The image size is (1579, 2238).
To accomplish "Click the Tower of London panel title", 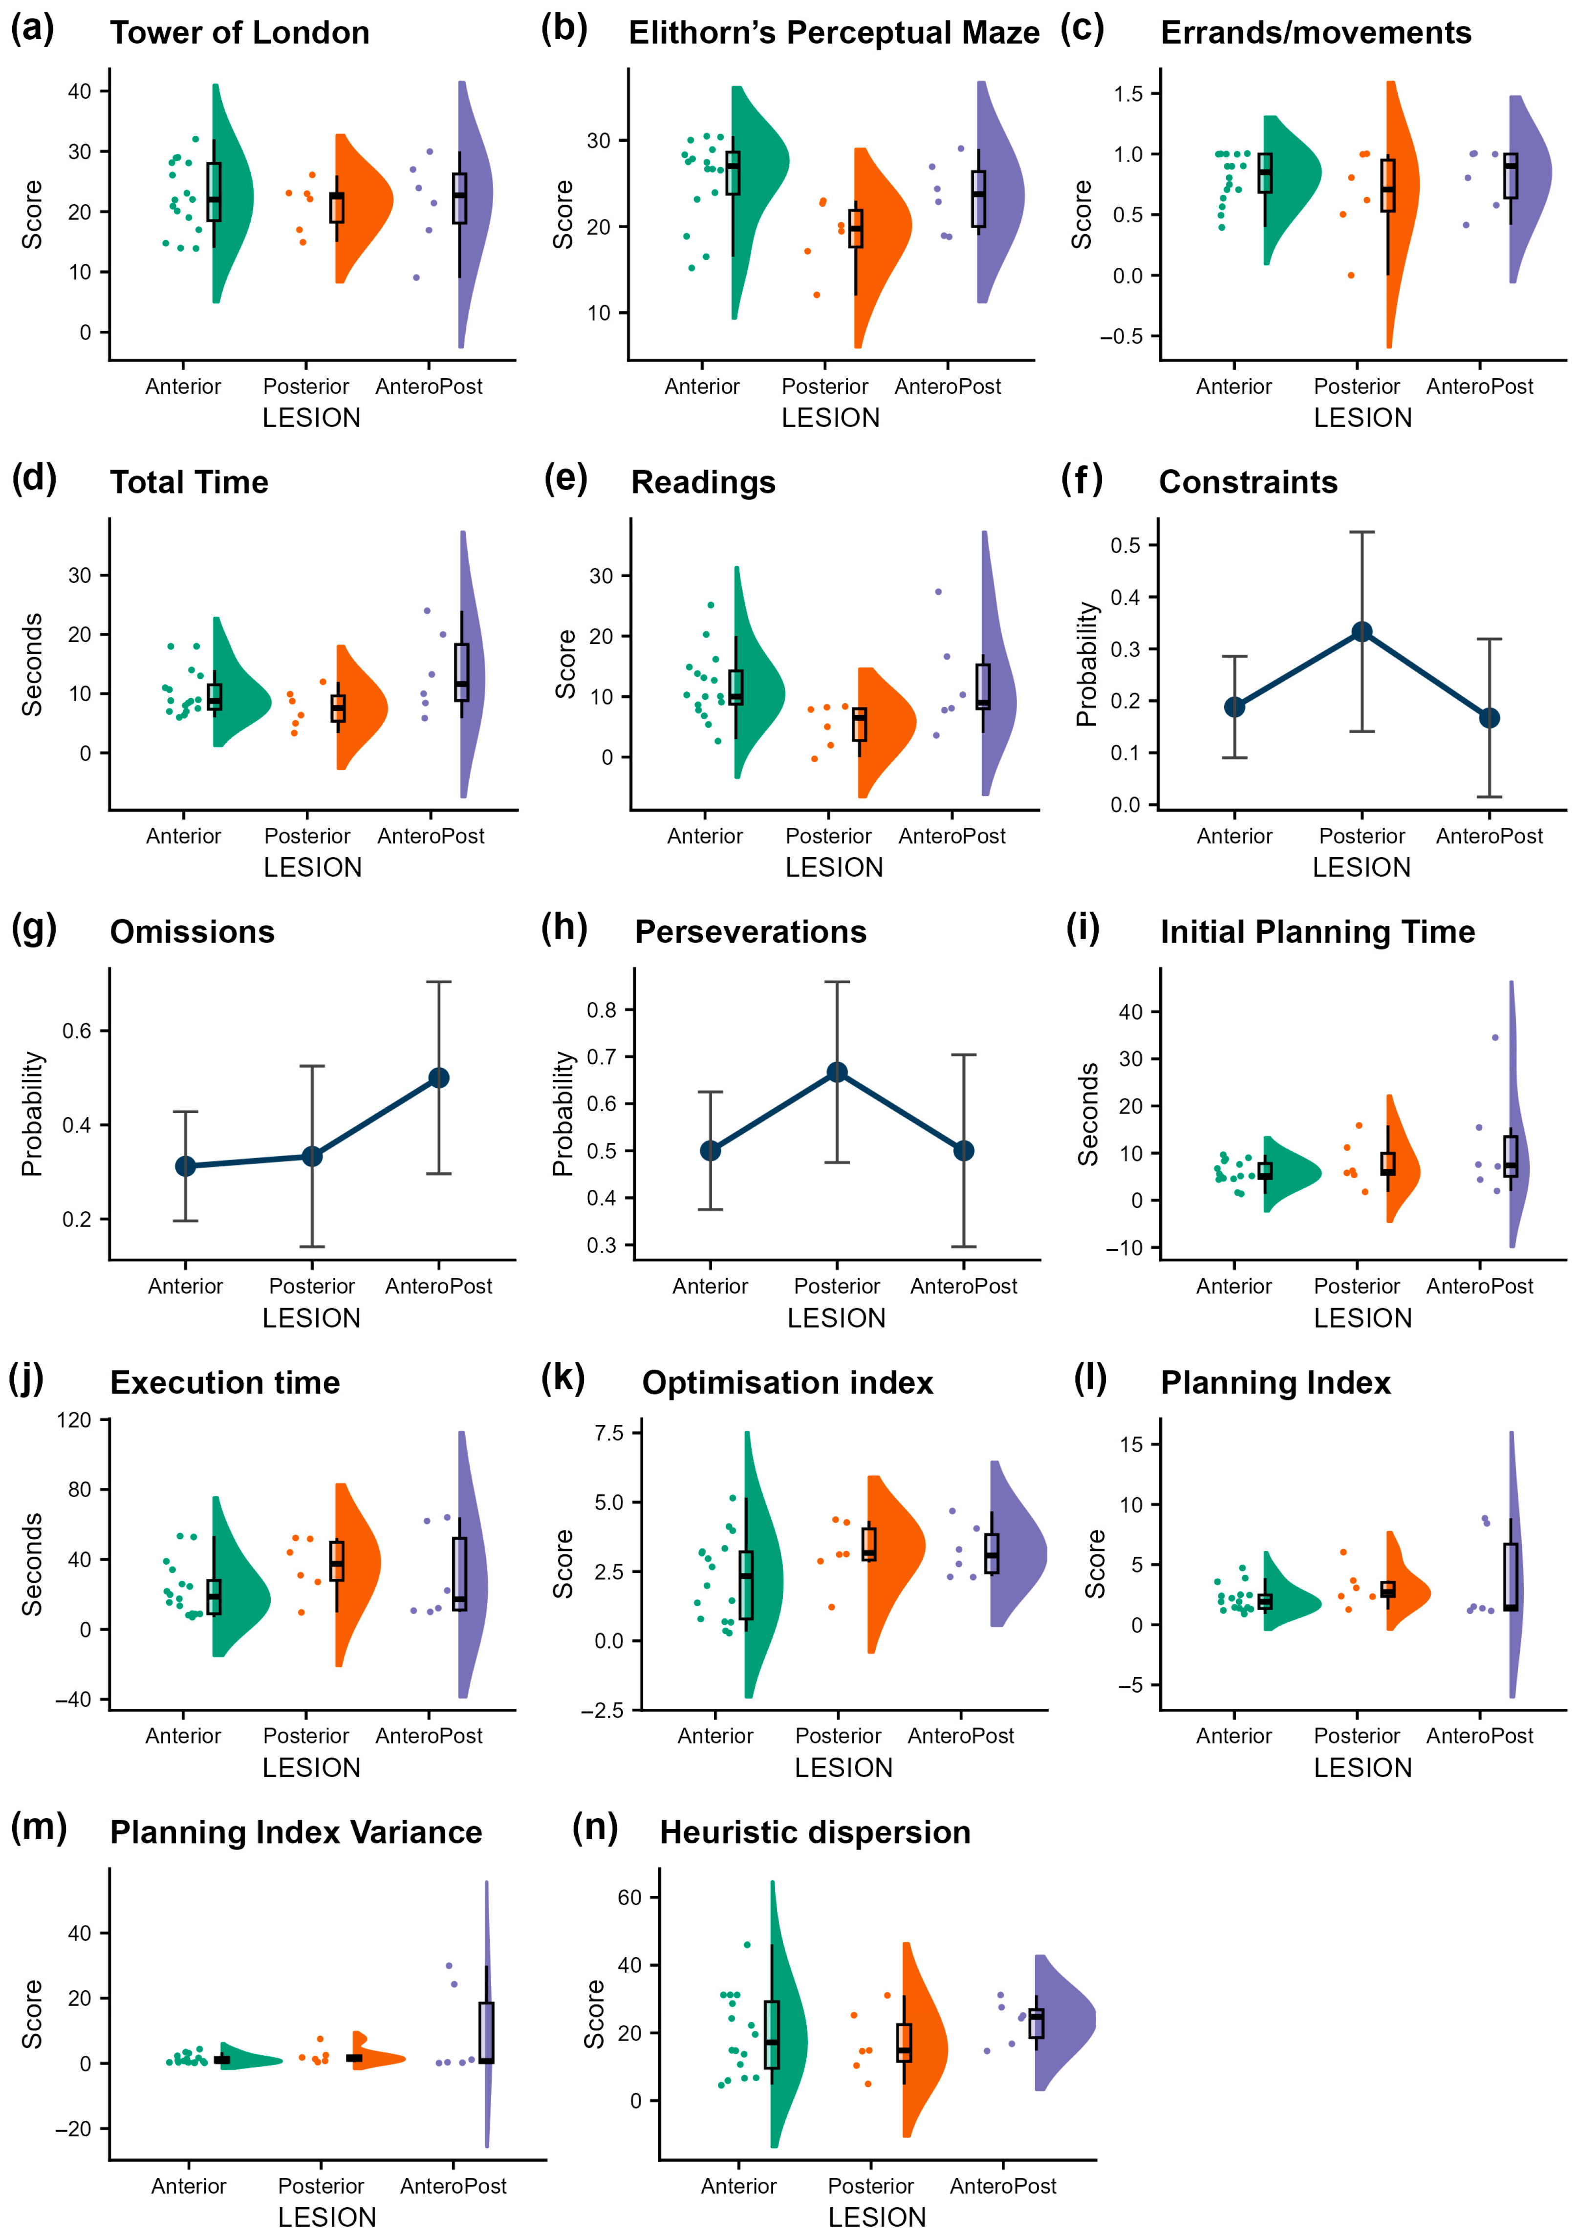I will pyautogui.click(x=240, y=33).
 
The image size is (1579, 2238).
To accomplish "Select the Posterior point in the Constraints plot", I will pyautogui.click(x=1362, y=632).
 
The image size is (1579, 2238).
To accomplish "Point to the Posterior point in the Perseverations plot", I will pyautogui.click(x=836, y=1072).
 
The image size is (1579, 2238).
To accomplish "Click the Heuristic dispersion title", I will pyautogui.click(x=815, y=1832).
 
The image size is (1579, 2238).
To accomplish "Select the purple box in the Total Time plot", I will pyautogui.click(x=461, y=672).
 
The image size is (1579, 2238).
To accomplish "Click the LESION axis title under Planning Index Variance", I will pyautogui.click(x=326, y=2216).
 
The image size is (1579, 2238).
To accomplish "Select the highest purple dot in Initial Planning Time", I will pyautogui.click(x=1495, y=1037).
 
